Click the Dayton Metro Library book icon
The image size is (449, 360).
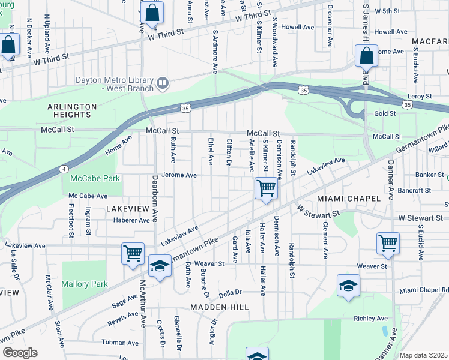coord(162,82)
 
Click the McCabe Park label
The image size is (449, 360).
coord(95,178)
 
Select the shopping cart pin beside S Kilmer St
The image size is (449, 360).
coord(266,188)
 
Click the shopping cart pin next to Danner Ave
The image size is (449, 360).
coord(388,244)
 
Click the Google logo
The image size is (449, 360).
coord(19,352)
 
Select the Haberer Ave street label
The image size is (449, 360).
coord(131,220)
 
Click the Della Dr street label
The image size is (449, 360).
coord(230,292)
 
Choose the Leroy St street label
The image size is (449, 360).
coord(420,96)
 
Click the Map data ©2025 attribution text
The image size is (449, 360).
coord(423,355)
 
